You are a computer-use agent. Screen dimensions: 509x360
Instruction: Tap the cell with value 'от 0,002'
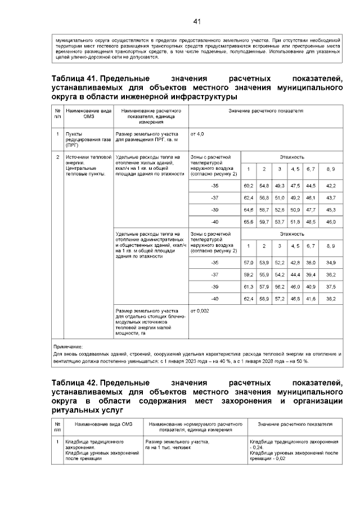[x=200, y=310]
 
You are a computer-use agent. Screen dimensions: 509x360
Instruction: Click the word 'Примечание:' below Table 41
[x=67, y=347]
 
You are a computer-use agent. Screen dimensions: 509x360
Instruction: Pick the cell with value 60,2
[x=248, y=185]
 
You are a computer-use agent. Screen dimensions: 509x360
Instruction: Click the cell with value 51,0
[x=280, y=197]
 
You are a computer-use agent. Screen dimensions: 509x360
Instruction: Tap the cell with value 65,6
[x=248, y=222]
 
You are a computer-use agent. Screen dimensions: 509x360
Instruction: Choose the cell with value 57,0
[x=248, y=263]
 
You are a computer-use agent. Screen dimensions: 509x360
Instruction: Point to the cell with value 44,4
[x=295, y=274]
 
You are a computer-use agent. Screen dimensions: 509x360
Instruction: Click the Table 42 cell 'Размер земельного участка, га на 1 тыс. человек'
[x=177, y=444]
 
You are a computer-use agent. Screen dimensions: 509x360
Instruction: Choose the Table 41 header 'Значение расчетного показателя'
[x=265, y=111]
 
